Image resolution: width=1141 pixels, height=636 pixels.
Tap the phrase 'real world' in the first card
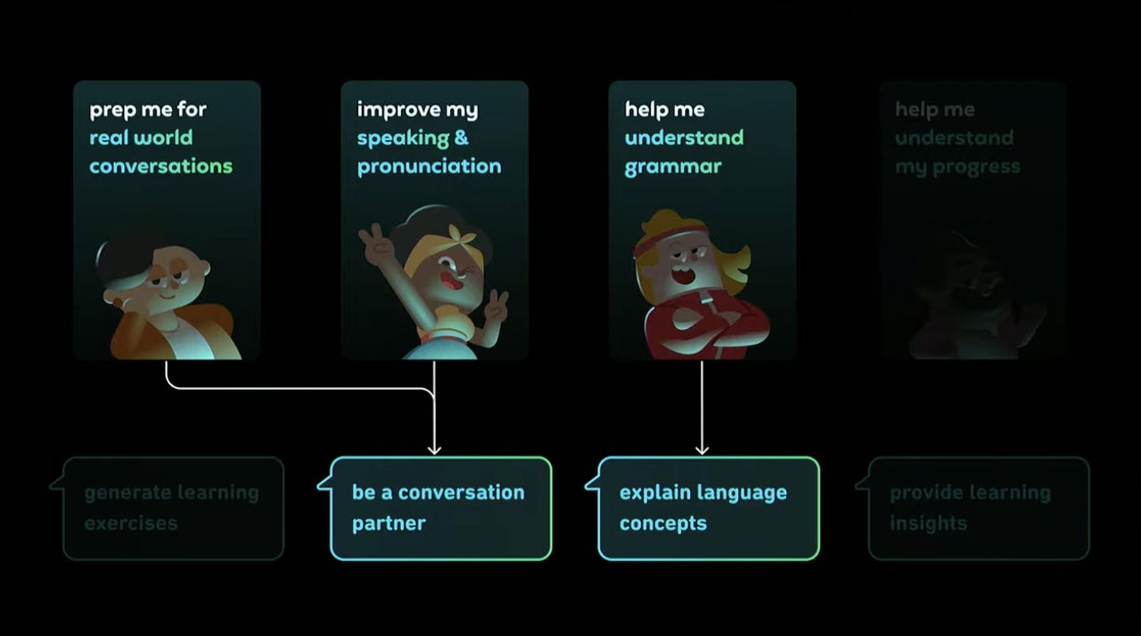click(x=141, y=138)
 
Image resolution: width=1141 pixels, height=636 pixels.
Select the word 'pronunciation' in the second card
click(x=429, y=167)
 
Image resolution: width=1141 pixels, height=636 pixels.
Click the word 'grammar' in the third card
click(x=673, y=167)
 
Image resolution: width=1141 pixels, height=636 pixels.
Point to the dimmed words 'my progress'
click(x=957, y=167)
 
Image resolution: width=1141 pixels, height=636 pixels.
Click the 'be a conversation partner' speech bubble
click(x=440, y=508)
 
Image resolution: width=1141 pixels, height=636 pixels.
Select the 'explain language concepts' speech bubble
click(x=708, y=508)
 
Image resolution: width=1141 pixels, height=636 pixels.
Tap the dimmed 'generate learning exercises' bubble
click(x=173, y=508)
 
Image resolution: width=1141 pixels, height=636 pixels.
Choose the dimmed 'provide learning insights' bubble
click(x=978, y=508)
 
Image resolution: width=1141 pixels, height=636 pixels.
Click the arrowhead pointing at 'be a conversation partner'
click(x=434, y=449)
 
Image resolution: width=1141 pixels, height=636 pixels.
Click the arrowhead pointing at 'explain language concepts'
click(x=702, y=449)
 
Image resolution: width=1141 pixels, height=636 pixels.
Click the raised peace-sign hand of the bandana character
click(x=374, y=239)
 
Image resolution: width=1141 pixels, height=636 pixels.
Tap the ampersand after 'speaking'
click(x=461, y=138)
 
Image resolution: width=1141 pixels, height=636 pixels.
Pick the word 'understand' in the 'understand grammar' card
click(x=684, y=138)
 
